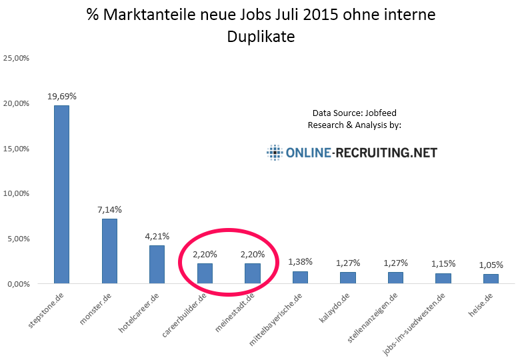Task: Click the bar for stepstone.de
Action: pos(61,194)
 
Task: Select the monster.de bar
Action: pos(109,251)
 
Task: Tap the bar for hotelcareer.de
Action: pos(157,264)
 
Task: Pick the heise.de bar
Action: pos(490,279)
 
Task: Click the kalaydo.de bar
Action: pos(347,277)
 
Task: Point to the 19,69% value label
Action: pos(61,97)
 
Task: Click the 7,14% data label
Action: pos(109,210)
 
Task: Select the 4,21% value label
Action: pos(157,236)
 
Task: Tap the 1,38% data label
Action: pos(300,262)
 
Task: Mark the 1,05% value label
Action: pos(490,265)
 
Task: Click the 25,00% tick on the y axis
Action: pos(17,59)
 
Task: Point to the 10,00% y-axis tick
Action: pos(17,193)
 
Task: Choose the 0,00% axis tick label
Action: pos(18,283)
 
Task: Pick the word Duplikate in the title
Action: pos(261,37)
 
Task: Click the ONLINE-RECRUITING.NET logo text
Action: pos(361,153)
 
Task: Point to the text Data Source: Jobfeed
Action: pos(354,113)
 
